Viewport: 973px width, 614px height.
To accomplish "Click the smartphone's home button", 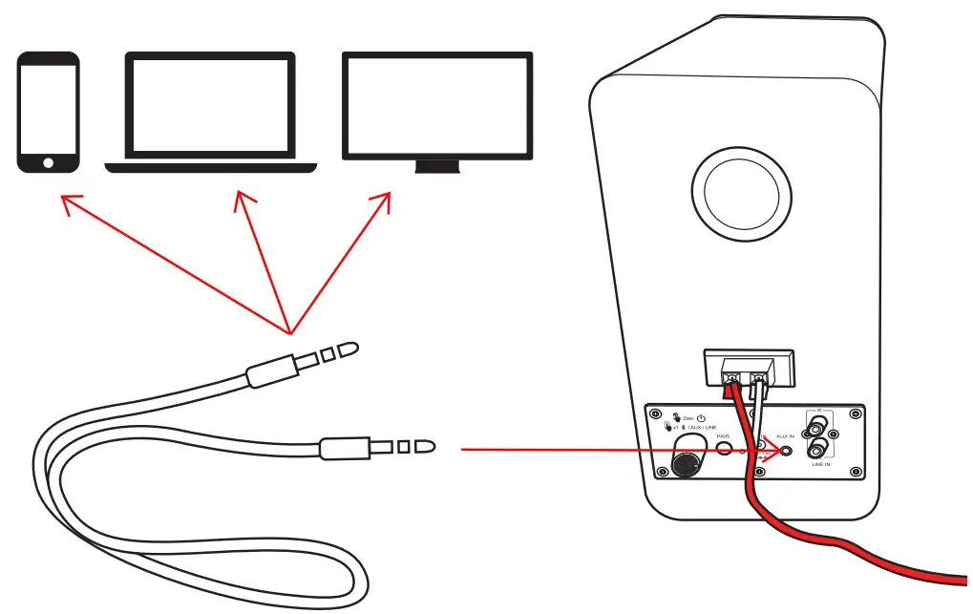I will (46, 161).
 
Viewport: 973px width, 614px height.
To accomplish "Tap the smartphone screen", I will (46, 106).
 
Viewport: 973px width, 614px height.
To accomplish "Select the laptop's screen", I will (210, 105).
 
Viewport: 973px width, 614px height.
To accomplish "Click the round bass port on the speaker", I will (747, 196).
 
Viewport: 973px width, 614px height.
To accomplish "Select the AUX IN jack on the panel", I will (786, 451).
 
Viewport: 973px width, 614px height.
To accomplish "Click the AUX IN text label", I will (785, 436).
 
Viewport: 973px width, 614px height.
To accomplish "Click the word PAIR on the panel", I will (723, 436).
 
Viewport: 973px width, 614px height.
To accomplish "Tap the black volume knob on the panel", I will (684, 465).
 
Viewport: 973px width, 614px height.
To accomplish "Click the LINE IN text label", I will (820, 464).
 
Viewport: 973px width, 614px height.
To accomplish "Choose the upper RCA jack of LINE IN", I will (816, 429).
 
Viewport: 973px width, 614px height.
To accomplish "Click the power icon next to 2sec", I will (701, 418).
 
